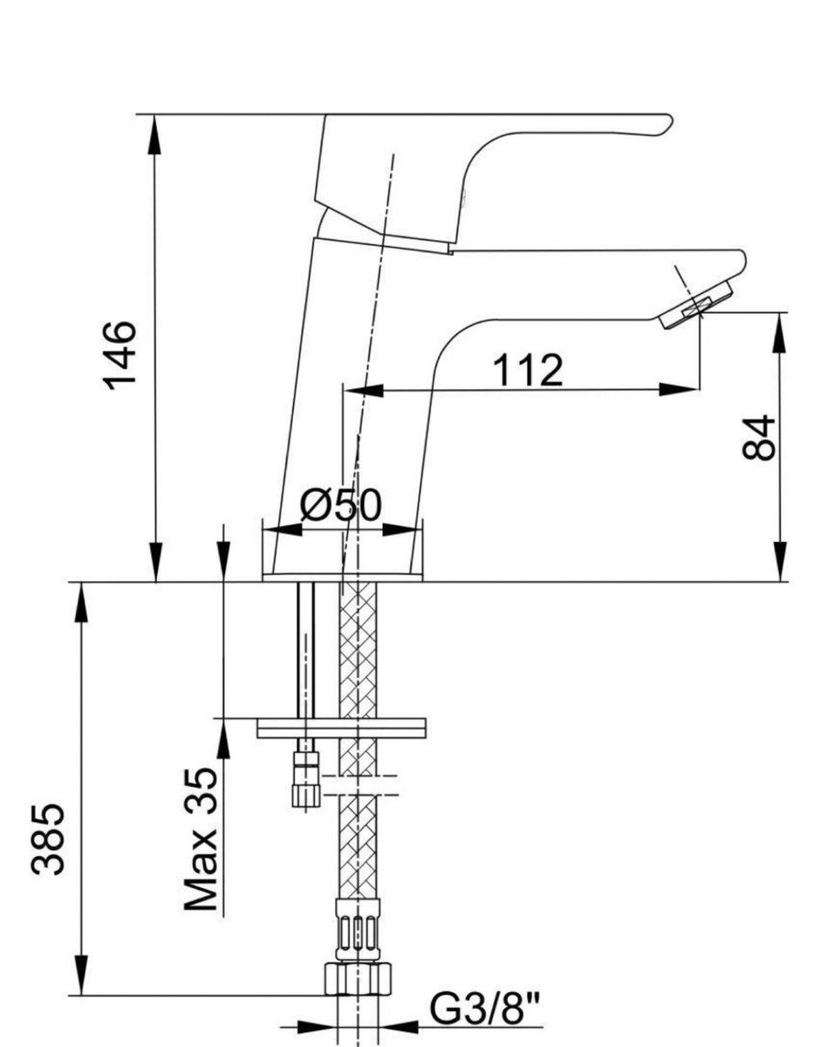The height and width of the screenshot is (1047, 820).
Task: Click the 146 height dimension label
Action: (x=120, y=355)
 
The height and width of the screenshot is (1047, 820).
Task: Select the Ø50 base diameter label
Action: (x=341, y=505)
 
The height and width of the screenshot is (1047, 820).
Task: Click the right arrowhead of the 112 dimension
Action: (x=679, y=389)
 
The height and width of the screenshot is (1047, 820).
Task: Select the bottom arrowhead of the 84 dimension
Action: (x=780, y=562)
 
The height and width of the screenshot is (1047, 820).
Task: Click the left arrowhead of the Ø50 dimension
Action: (x=283, y=530)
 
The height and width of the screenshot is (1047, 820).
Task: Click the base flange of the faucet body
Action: (x=342, y=578)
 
